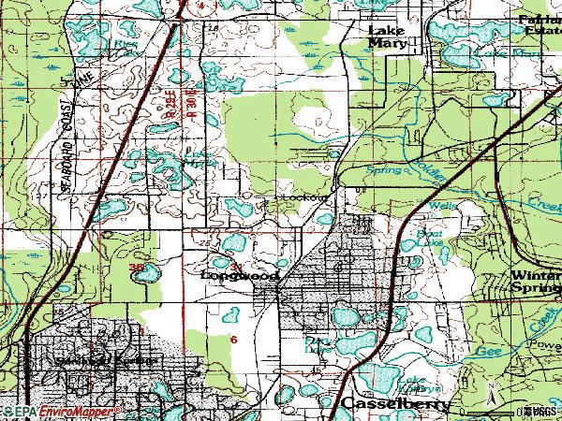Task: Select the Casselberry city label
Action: (x=392, y=404)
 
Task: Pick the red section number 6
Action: (x=233, y=339)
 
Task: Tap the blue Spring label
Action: (x=384, y=171)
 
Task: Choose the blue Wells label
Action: (x=440, y=204)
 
